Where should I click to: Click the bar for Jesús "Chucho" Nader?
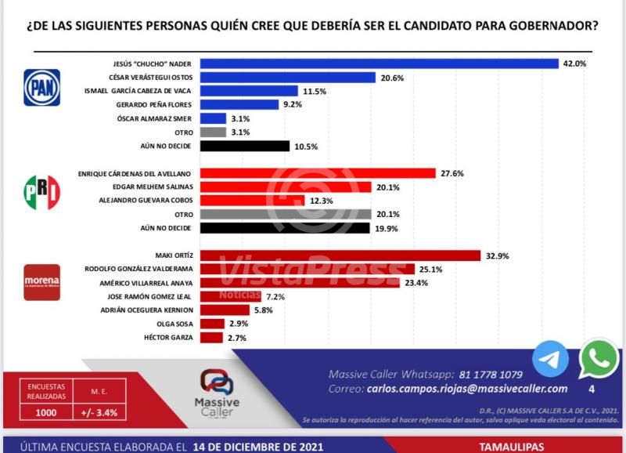pyautogui.click(x=380, y=63)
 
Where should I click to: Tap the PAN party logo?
pyautogui.click(x=41, y=88)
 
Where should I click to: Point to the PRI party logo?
pyautogui.click(x=41, y=192)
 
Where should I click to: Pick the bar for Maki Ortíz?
pyautogui.click(x=340, y=255)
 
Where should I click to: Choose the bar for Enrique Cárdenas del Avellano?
pyautogui.click(x=318, y=173)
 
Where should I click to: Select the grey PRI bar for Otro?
pyautogui.click(x=286, y=214)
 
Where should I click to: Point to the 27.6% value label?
pyautogui.click(x=454, y=173)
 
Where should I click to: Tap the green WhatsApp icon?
pyautogui.click(x=599, y=359)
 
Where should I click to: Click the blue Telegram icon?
pyautogui.click(x=551, y=360)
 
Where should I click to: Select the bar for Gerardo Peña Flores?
pyautogui.click(x=239, y=105)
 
